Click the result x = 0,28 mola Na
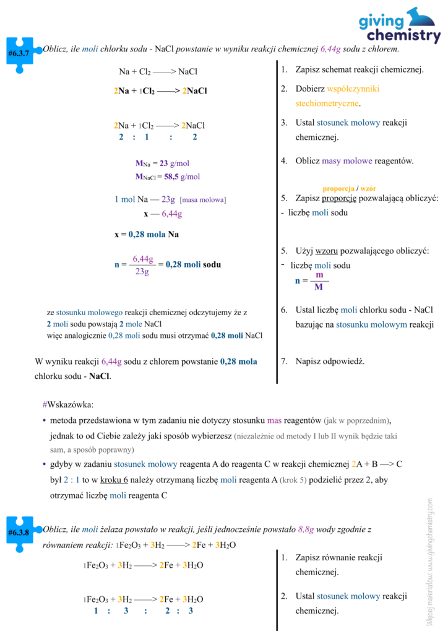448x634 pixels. click(147, 234)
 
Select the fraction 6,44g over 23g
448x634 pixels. click(143, 264)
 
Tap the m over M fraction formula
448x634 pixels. click(319, 280)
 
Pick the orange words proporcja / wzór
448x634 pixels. click(349, 188)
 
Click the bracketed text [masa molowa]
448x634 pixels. click(203, 199)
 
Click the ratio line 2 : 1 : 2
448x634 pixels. click(158, 137)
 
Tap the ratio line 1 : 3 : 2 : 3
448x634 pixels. click(144, 610)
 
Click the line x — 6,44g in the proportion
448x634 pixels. click(163, 214)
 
